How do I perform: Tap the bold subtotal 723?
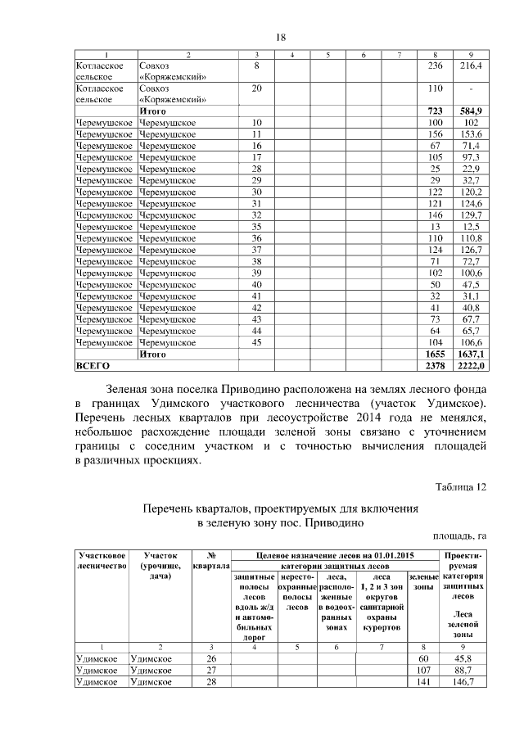click(x=435, y=111)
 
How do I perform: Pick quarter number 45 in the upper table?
click(x=256, y=341)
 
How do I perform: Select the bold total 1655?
click(x=435, y=354)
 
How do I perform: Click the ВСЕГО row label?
click(x=92, y=365)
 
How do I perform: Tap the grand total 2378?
click(x=435, y=365)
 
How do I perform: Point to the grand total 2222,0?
click(x=471, y=365)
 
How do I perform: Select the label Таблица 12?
click(x=460, y=488)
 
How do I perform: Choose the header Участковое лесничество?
click(x=101, y=561)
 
